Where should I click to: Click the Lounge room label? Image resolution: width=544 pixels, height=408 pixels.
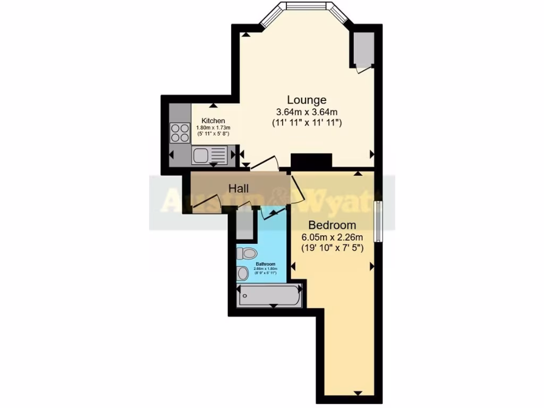tap(307, 100)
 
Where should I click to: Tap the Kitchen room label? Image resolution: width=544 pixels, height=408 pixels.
tap(212, 121)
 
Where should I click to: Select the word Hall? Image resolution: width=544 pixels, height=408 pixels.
tap(239, 188)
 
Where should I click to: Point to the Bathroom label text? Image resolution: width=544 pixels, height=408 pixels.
tap(265, 264)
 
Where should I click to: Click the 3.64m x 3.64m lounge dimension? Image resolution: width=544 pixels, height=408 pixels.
tap(307, 112)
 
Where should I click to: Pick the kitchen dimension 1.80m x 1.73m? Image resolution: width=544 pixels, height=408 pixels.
tap(212, 128)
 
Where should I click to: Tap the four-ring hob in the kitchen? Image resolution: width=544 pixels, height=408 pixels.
tap(181, 132)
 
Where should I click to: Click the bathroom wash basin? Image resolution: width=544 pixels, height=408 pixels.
tap(243, 274)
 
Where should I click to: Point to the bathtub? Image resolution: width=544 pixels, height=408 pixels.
tap(270, 295)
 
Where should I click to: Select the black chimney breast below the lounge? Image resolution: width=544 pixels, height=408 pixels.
tap(311, 160)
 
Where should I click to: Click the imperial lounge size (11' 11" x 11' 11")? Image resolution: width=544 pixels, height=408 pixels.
tap(307, 122)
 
